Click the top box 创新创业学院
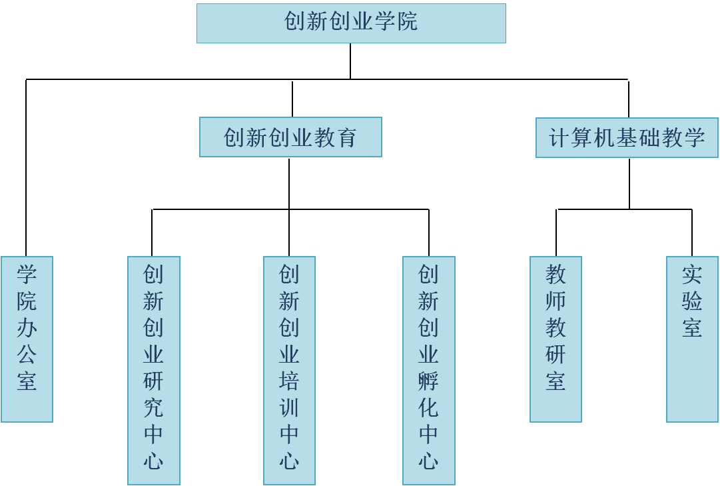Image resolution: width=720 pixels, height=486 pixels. (351, 23)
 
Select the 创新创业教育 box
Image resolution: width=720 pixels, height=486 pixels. (290, 137)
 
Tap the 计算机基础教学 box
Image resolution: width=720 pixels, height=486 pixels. (627, 138)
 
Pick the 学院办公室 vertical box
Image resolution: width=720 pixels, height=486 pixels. (27, 339)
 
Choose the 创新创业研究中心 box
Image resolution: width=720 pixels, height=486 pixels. (154, 370)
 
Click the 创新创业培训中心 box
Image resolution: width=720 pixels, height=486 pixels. (289, 370)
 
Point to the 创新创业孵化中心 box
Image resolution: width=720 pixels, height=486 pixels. (428, 370)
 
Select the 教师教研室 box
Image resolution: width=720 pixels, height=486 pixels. (555, 339)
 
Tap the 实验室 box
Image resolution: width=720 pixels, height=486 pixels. (692, 339)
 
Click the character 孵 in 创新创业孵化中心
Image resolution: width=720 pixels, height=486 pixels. (428, 381)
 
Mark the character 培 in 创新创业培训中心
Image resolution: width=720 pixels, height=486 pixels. (289, 381)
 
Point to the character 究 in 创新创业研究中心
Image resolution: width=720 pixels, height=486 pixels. (154, 407)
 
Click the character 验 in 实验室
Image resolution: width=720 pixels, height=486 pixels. (692, 301)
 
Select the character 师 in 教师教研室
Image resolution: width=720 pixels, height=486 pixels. (555, 301)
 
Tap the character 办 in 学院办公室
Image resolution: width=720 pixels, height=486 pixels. (27, 327)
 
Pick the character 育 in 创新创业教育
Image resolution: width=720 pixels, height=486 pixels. (346, 138)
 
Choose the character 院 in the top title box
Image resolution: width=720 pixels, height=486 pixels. (406, 21)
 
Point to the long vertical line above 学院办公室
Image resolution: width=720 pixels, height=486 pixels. (26, 167)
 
